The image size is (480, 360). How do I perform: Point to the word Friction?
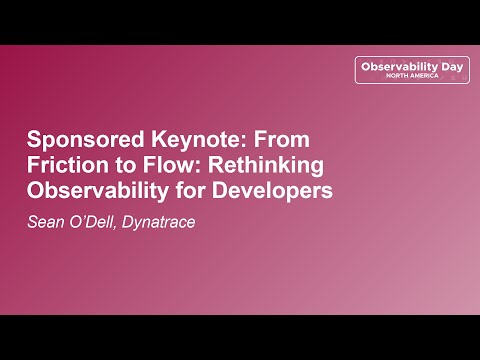tap(63, 163)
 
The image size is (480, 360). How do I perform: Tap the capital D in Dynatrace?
tap(132, 220)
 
